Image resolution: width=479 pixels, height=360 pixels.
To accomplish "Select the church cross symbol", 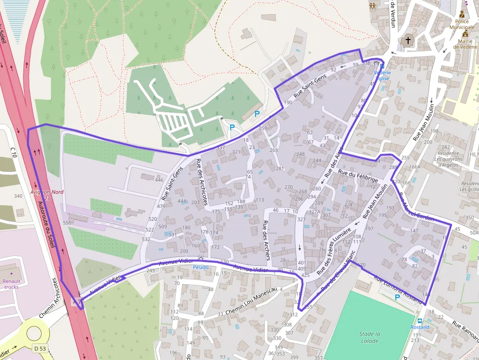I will pos(408,41).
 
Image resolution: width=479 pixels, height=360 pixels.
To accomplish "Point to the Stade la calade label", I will pos(370,338).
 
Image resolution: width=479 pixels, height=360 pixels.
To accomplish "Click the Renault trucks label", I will pos(11,284).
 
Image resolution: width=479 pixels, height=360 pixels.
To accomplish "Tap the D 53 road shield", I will pos(40,348).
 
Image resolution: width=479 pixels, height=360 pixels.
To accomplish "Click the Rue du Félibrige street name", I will pos(358,176).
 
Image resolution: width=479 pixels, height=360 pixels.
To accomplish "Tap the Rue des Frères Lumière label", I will pos(334,250).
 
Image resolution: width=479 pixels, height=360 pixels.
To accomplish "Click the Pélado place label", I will pos(200,267).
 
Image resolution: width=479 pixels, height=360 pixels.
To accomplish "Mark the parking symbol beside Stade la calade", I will pos(397,297).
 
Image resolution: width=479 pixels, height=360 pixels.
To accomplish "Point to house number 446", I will pos(159,180).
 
